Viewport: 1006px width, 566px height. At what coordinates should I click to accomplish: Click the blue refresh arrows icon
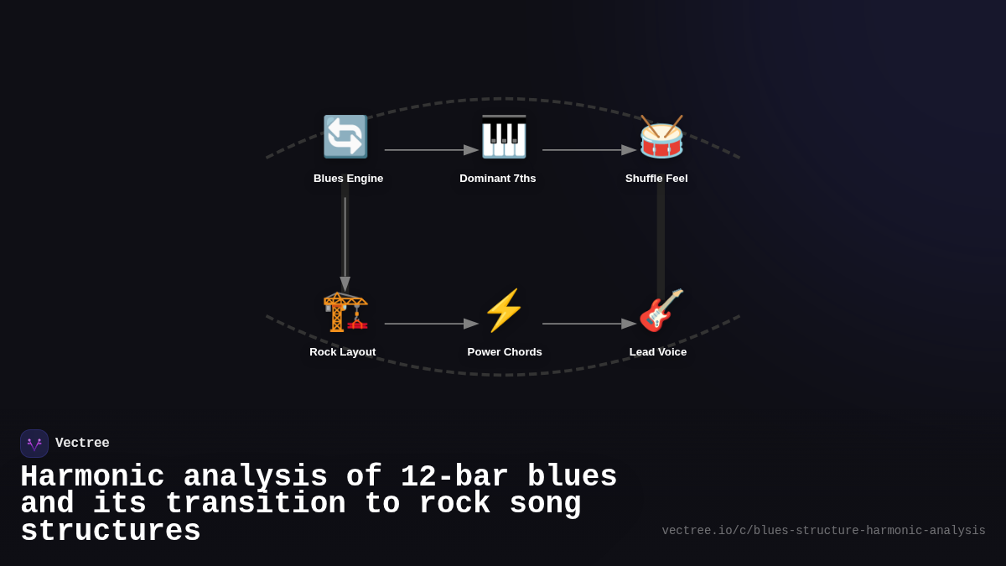(345, 137)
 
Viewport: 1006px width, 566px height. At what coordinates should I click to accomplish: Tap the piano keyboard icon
(503, 137)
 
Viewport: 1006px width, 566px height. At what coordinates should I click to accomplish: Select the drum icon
(661, 137)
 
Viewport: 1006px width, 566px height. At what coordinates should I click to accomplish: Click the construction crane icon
(345, 311)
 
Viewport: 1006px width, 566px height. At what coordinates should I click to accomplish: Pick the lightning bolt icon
(503, 310)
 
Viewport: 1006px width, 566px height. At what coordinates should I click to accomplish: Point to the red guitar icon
(661, 310)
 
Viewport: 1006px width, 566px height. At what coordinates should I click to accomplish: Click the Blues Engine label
(348, 179)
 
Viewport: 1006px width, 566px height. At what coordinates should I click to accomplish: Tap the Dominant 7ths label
(497, 179)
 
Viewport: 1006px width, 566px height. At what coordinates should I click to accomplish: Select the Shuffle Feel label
(656, 179)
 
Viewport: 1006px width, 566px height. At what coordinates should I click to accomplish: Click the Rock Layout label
(342, 352)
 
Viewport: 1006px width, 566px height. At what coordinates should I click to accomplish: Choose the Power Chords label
(505, 352)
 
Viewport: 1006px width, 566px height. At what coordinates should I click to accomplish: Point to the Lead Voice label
(658, 352)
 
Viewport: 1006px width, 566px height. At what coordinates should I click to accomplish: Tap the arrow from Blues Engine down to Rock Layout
(345, 243)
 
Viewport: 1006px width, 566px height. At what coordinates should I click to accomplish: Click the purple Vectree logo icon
(34, 444)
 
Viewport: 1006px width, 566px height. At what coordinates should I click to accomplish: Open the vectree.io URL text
(823, 531)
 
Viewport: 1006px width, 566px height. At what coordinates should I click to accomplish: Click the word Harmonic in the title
(92, 477)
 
